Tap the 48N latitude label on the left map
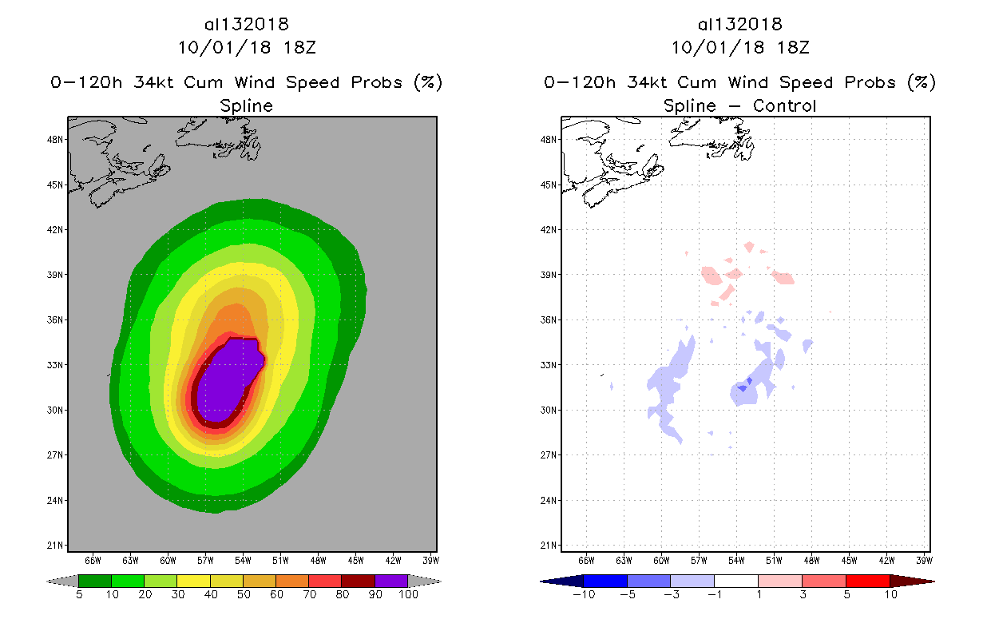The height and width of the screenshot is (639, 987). pyautogui.click(x=57, y=139)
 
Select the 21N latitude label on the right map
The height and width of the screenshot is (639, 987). pyautogui.click(x=550, y=546)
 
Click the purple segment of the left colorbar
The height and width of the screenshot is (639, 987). pyautogui.click(x=391, y=581)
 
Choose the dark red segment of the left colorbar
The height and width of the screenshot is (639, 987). pyautogui.click(x=358, y=581)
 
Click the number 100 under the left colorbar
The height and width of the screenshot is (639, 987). pyautogui.click(x=408, y=594)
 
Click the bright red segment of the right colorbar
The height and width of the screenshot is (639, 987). pyautogui.click(x=866, y=581)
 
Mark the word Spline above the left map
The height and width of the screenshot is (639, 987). pyautogui.click(x=246, y=105)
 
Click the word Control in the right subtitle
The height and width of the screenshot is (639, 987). pyautogui.click(x=784, y=105)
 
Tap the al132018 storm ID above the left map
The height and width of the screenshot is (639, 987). pyautogui.click(x=246, y=25)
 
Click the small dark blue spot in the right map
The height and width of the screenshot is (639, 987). pyautogui.click(x=743, y=387)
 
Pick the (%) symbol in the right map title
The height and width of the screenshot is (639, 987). pyautogui.click(x=921, y=82)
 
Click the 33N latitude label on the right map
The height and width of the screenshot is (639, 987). pyautogui.click(x=550, y=365)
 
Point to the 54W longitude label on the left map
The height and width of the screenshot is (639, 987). pyautogui.click(x=243, y=559)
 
